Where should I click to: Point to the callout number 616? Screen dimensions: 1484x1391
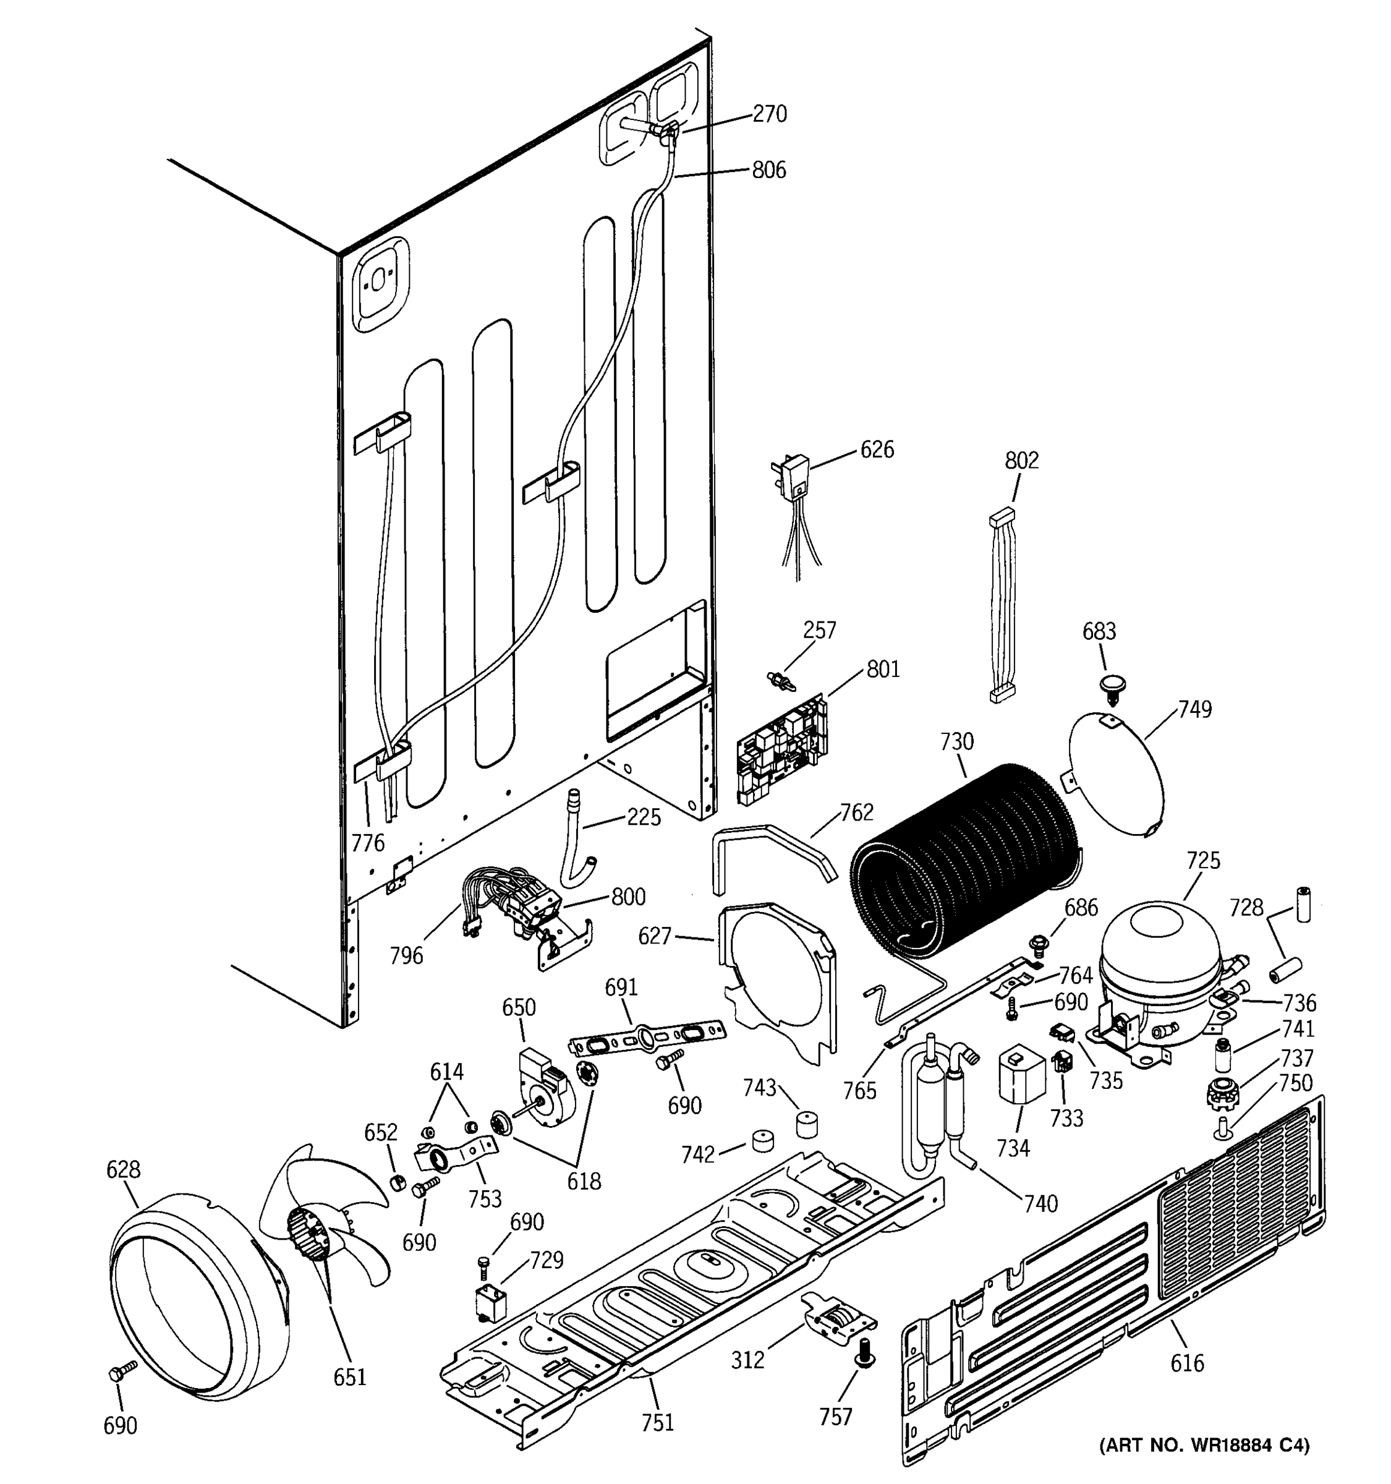(1186, 1363)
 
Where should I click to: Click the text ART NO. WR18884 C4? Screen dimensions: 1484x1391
(1204, 1444)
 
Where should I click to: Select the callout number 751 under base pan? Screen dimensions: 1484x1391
(657, 1423)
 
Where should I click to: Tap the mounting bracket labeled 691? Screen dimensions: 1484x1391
(646, 1037)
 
